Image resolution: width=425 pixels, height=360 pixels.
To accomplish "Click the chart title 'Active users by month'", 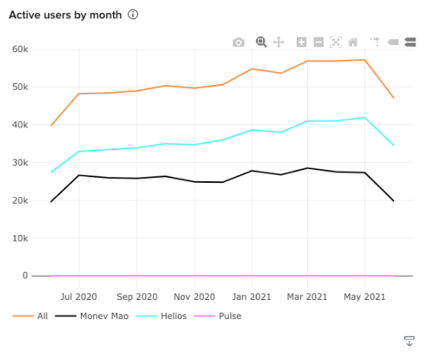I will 65,14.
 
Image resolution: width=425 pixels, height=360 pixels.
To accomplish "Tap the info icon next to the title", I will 133,14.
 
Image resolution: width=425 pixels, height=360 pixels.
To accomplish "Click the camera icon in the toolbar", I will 238,42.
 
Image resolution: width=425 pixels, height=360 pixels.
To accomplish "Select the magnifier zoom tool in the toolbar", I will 261,42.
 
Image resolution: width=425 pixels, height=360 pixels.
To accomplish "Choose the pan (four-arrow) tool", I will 279,42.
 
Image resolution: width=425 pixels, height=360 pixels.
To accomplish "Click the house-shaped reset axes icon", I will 353,42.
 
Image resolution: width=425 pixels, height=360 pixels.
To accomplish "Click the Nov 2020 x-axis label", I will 194,296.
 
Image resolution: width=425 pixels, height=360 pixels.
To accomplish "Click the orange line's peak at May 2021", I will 365,60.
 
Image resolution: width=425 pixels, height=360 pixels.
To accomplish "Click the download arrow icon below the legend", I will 409,342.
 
